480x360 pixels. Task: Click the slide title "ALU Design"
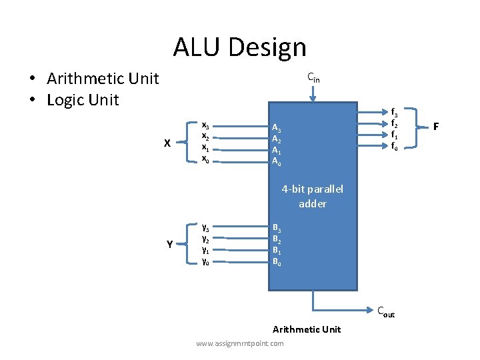[239, 47]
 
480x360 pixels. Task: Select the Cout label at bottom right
[386, 311]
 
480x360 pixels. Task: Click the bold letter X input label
[167, 143]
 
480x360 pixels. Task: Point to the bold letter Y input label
[170, 245]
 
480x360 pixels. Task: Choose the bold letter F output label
[435, 126]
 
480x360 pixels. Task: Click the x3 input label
[205, 125]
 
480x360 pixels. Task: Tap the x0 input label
[205, 159]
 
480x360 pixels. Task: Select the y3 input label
[205, 227]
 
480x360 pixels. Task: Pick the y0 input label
[205, 261]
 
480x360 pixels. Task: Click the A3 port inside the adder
[276, 129]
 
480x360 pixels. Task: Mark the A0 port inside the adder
[276, 161]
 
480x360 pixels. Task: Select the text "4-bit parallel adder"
[312, 196]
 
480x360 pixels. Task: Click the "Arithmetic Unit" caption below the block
[307, 329]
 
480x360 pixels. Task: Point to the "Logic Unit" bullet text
[83, 100]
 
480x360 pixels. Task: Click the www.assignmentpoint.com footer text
[240, 343]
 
